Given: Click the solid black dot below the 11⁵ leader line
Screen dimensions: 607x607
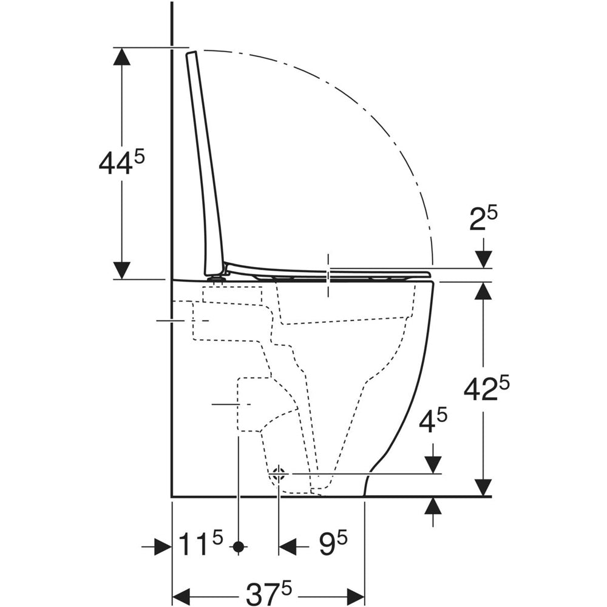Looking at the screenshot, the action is [x=239, y=547].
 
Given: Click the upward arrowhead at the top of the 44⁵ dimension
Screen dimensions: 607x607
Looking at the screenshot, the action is [x=122, y=56].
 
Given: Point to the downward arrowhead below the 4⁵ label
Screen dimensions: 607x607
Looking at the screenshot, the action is [x=433, y=464].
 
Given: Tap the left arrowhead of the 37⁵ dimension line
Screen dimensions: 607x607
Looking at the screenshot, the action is [x=181, y=594].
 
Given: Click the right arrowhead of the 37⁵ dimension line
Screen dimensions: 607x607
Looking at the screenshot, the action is [x=355, y=594].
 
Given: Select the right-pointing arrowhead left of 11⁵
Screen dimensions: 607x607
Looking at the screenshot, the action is [x=163, y=547].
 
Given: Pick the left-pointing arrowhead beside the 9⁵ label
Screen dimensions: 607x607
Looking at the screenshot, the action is [x=288, y=547].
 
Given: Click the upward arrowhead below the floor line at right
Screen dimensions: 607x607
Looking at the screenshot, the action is [x=433, y=506].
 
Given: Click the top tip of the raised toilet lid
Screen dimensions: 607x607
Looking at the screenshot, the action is [x=191, y=52].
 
